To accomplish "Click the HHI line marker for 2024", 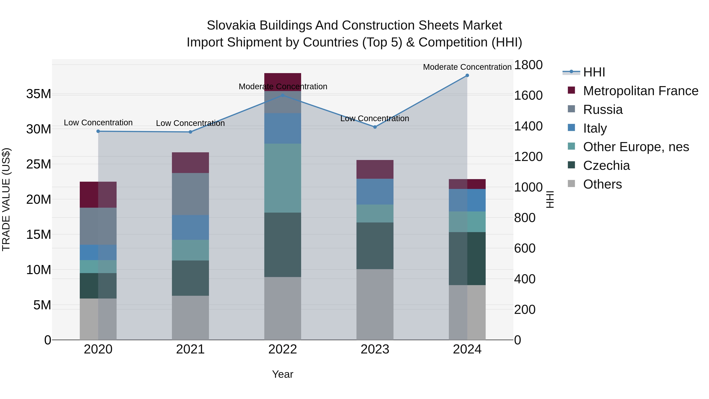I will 467,75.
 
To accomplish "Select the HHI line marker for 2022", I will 283,95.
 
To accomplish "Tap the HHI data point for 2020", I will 98,131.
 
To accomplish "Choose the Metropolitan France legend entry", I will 640,91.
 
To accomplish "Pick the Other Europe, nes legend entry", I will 636,147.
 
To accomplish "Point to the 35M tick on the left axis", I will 39,94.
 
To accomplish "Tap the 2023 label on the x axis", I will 375,349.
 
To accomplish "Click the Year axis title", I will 283,374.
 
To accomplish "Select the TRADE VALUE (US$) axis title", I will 6,199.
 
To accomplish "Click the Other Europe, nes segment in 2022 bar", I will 283,178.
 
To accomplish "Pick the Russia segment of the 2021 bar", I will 190,194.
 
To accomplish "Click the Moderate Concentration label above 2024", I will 467,67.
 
